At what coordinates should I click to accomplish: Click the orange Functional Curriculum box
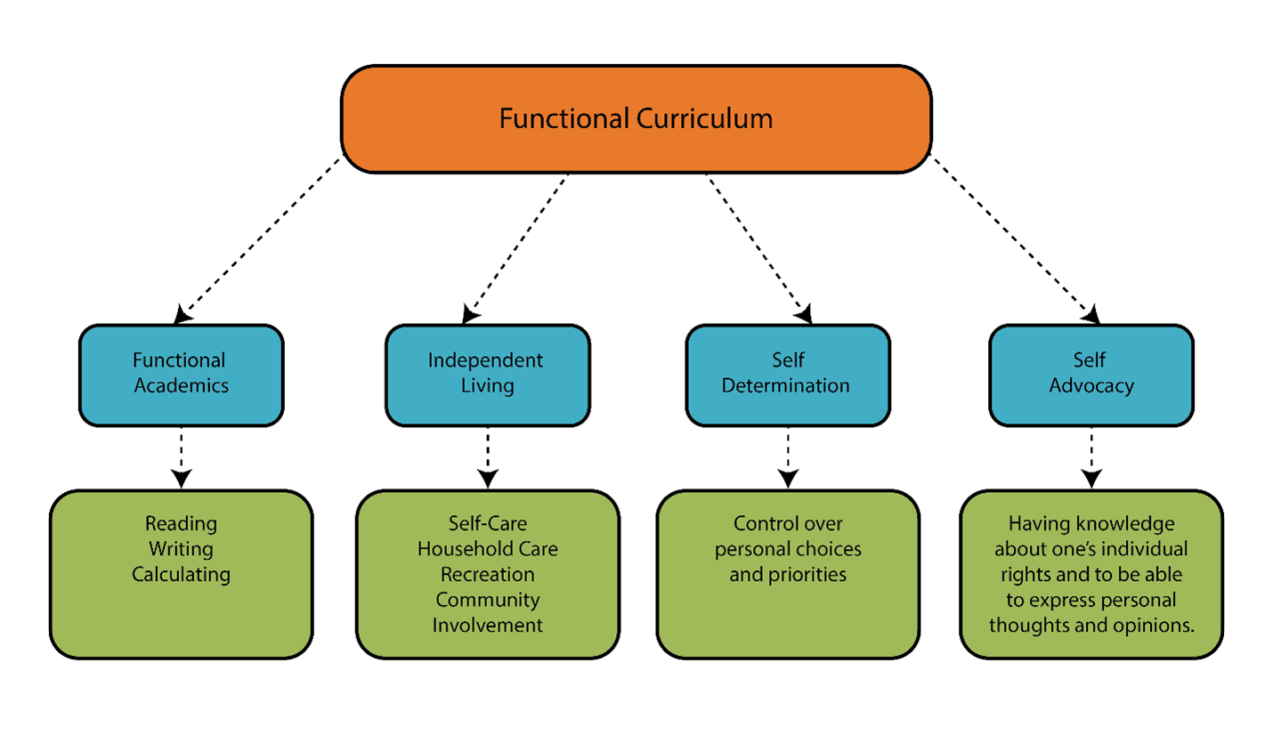[636, 118]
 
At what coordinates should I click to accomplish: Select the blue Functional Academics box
[181, 375]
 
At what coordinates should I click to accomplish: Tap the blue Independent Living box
[487, 375]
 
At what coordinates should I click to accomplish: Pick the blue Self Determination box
[788, 375]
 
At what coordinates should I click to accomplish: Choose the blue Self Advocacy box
[1091, 375]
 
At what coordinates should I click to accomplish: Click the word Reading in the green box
[181, 523]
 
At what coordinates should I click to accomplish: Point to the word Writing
[181, 549]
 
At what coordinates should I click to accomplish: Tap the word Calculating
[181, 575]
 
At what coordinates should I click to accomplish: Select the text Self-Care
[488, 523]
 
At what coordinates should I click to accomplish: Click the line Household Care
[488, 549]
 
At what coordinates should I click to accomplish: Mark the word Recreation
[488, 575]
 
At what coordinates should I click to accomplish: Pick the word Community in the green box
[488, 601]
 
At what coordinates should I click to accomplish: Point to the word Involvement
[488, 626]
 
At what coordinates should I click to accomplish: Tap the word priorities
[808, 575]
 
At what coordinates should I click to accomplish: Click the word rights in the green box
[1026, 575]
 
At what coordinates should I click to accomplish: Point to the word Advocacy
[1091, 386]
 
